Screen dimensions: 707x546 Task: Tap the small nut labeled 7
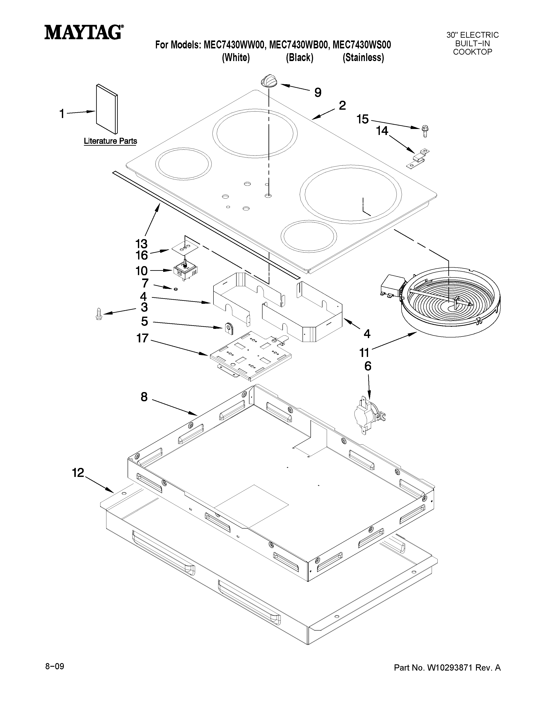(176, 288)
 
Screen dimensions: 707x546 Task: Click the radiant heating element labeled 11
(450, 304)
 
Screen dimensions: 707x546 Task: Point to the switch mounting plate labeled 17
(251, 355)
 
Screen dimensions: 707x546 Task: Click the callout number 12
(78, 473)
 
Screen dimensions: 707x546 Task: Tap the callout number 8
(144, 397)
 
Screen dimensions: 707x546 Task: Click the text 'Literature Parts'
(110, 141)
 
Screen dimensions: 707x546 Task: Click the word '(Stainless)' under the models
(363, 58)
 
